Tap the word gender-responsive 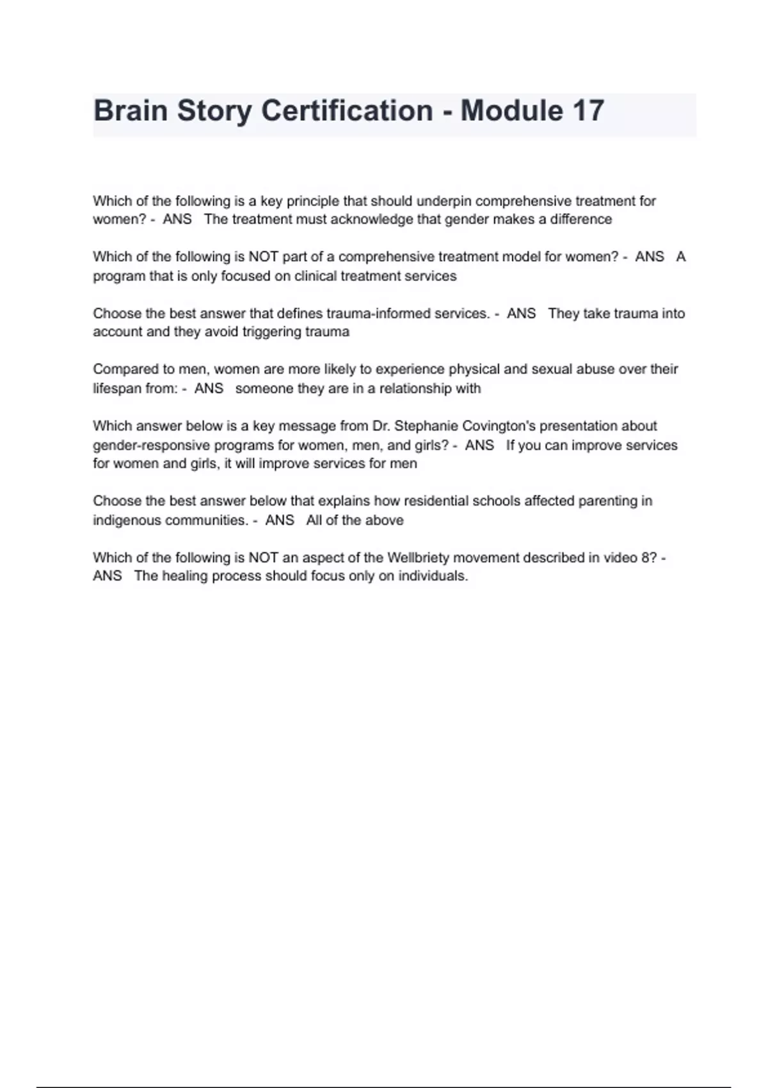[x=142, y=445]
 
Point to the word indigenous [x=127, y=520]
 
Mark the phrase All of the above [x=355, y=520]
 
